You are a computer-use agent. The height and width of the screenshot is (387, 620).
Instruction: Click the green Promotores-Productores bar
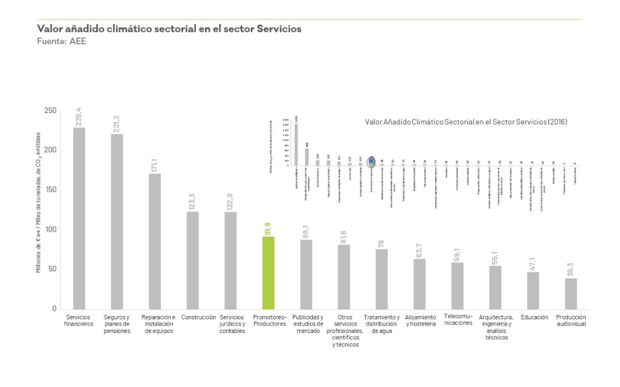268,272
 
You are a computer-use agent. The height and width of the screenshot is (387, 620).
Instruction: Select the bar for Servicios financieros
79,218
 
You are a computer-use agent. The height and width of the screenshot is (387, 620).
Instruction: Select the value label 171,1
154,163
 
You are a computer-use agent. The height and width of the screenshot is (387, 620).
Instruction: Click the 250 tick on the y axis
51,111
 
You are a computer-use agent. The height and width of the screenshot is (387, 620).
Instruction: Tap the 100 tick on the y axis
51,229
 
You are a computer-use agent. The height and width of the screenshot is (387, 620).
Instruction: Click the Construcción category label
199,317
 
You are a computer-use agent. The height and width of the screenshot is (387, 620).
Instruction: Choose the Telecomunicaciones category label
458,320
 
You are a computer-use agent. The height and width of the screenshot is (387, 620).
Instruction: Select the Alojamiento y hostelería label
420,320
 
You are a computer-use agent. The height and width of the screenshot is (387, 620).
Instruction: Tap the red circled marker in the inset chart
371,161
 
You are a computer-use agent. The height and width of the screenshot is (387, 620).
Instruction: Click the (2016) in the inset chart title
557,122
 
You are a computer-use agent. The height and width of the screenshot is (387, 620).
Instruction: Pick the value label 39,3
571,269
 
